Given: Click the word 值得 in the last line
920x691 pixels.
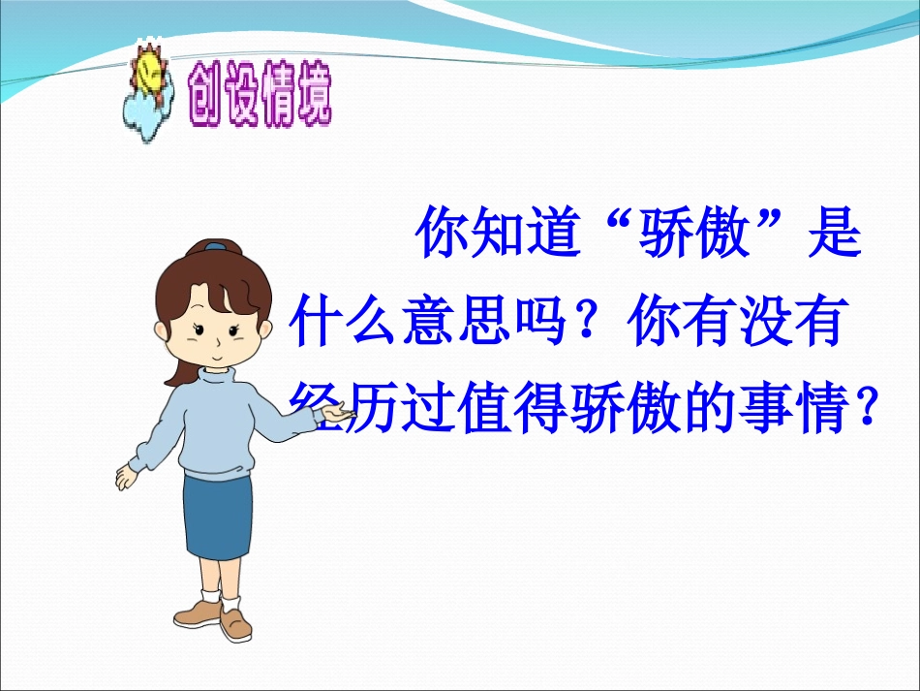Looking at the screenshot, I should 526,409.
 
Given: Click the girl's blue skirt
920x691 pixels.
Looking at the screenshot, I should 219,513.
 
